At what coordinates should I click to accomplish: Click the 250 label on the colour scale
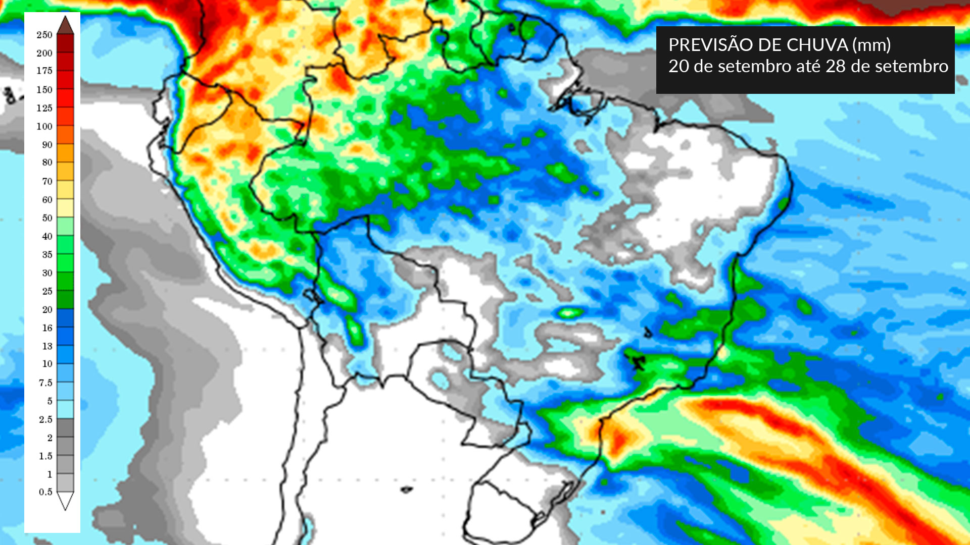click(x=44, y=35)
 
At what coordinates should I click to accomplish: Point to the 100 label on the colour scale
click(x=44, y=126)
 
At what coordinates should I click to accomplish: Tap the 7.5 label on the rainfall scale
click(x=45, y=383)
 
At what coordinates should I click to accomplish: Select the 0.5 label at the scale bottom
click(x=45, y=492)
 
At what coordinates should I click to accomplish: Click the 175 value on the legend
click(x=44, y=71)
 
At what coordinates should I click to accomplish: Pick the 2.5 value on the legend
click(x=45, y=419)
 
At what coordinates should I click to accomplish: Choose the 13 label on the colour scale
click(x=47, y=346)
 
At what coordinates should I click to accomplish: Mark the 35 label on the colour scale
click(x=47, y=255)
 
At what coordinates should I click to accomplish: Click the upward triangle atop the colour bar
click(x=65, y=25)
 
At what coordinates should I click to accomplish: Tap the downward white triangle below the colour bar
click(x=65, y=501)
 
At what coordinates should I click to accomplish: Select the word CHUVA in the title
click(x=817, y=45)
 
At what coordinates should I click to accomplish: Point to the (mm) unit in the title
click(x=871, y=45)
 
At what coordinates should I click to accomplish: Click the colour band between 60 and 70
click(x=65, y=190)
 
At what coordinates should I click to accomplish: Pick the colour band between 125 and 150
click(x=65, y=98)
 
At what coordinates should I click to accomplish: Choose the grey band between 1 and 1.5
click(x=65, y=465)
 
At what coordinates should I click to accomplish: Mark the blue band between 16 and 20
click(x=65, y=318)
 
